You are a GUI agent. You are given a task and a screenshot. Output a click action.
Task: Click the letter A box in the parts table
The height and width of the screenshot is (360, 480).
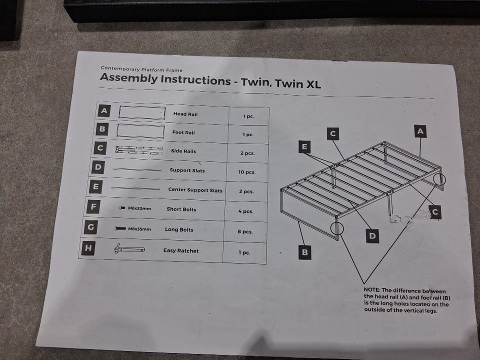click(104, 110)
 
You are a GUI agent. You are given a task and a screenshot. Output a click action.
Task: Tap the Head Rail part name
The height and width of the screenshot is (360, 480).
click(185, 114)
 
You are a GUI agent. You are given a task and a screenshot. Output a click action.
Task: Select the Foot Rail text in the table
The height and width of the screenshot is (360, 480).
click(183, 132)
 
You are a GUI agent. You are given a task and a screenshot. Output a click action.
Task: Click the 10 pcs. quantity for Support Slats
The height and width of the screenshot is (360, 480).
click(246, 172)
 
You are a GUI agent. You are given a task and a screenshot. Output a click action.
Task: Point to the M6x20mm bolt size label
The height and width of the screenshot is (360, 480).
click(139, 208)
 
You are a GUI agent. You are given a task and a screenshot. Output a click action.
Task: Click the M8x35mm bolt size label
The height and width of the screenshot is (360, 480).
click(139, 229)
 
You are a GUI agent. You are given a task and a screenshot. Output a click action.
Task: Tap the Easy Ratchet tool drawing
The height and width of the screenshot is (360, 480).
click(129, 248)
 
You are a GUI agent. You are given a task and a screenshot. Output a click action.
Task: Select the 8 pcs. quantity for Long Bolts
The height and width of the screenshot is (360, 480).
click(245, 231)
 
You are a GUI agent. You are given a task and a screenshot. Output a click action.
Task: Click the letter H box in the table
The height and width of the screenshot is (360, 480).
click(88, 248)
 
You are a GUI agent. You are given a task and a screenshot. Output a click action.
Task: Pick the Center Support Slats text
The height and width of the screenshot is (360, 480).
click(195, 190)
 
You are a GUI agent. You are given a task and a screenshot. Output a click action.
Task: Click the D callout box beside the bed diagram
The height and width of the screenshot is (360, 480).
click(372, 235)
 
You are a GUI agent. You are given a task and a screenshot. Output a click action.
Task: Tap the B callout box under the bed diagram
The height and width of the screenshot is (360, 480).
click(305, 252)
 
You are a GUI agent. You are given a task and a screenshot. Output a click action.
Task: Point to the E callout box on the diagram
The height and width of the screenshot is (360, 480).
click(304, 146)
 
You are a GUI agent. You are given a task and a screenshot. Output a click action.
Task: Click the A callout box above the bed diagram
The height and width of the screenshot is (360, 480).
click(420, 131)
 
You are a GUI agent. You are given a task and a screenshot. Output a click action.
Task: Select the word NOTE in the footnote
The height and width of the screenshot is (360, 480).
click(371, 289)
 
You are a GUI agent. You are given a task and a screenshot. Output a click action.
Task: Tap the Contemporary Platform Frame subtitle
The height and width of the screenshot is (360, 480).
click(141, 69)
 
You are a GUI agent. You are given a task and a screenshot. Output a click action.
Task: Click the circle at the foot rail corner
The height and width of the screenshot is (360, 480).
click(337, 228)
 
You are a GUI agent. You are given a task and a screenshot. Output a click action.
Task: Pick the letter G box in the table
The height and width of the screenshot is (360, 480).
click(90, 227)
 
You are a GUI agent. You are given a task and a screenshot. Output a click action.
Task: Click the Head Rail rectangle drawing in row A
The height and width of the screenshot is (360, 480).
click(142, 112)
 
